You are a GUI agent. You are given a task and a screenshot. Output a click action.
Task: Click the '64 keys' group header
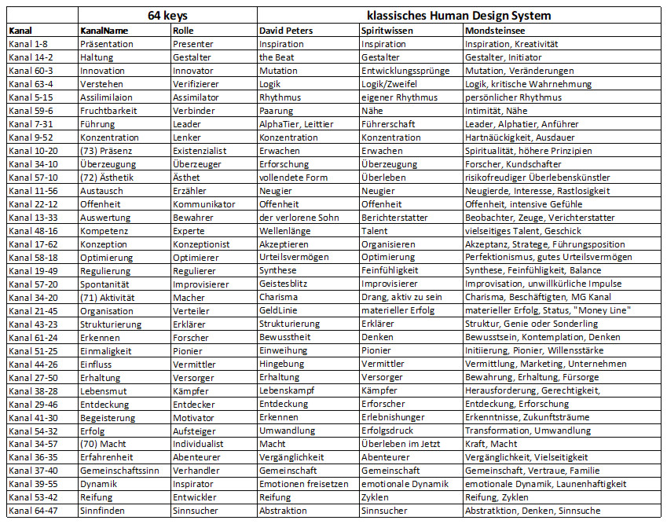pyautogui.click(x=167, y=16)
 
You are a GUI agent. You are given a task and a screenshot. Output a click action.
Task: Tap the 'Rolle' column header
pyautogui.click(x=184, y=31)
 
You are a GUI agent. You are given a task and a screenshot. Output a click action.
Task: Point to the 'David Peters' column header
pyautogui.click(x=286, y=31)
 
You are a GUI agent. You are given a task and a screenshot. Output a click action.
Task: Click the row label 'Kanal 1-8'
pyautogui.click(x=28, y=44)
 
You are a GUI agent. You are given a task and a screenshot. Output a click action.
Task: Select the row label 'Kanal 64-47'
pyautogui.click(x=31, y=511)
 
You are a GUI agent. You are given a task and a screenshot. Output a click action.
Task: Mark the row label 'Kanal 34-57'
pyautogui.click(x=31, y=444)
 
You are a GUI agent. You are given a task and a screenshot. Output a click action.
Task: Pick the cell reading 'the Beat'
pyautogui.click(x=277, y=57)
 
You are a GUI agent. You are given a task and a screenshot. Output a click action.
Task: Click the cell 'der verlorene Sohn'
pyautogui.click(x=298, y=218)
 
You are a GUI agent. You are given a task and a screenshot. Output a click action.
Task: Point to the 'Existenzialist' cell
pyautogui.click(x=200, y=151)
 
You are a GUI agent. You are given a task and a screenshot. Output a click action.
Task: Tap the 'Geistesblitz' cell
pyautogui.click(x=284, y=284)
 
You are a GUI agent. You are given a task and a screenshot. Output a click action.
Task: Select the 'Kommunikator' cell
pyautogui.click(x=203, y=204)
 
